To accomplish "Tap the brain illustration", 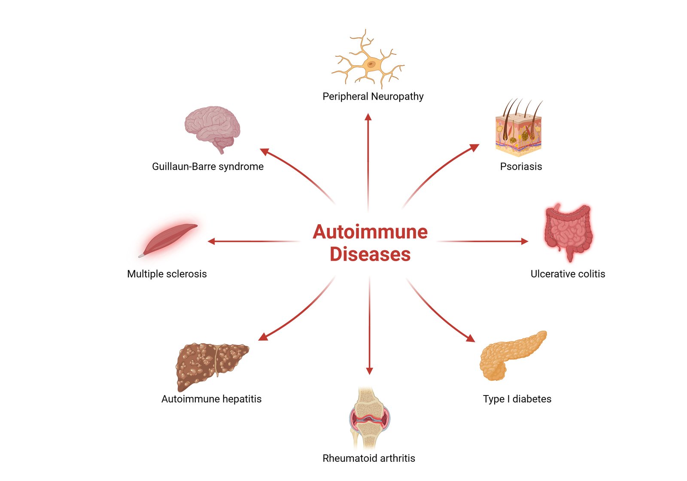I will pos(212,128).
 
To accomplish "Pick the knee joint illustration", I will pos(369,419).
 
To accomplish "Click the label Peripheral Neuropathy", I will pos(373,96).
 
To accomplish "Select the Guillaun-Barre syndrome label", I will pos(208,166).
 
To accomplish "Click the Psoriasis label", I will pos(521,166).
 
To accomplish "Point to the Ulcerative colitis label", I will pos(568,274).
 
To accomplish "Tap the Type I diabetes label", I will pos(517,399).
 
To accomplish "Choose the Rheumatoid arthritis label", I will pos(369,458).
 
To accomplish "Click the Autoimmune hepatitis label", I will pos(211,399).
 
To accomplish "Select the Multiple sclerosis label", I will pos(167,274).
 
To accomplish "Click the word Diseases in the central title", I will pos(370,254).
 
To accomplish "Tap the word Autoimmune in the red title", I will pos(370,232).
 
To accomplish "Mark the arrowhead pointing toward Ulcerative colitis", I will pos(524,241).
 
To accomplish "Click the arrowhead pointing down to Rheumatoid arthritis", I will pos(369,371).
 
